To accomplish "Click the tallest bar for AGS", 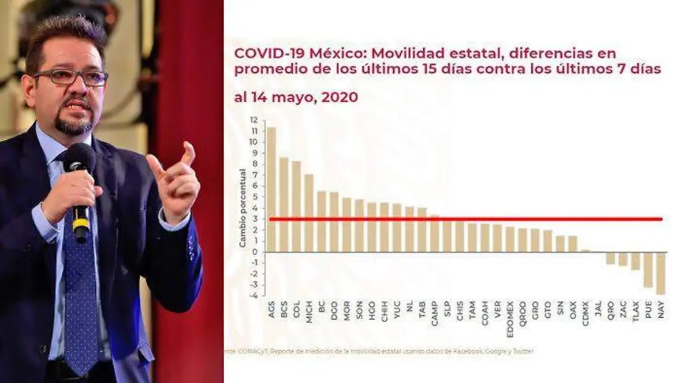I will point(271,189).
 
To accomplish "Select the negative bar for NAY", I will point(660,273).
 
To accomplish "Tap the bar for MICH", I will point(309,213).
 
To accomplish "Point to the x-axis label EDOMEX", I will point(510,314).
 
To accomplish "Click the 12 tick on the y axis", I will point(253,120).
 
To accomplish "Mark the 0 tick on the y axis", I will point(256,252).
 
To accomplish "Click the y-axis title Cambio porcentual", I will point(242,207).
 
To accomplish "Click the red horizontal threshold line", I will point(466,219).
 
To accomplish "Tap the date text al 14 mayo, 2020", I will point(296,97).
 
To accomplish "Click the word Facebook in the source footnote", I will point(468,351).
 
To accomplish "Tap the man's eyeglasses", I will point(71,77).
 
